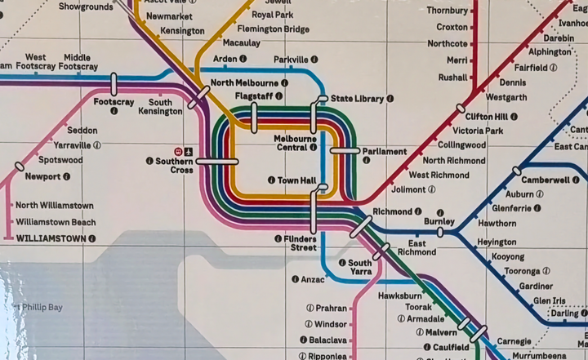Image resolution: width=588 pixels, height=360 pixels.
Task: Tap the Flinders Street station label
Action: [300, 242]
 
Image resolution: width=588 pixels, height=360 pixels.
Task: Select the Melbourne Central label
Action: [296, 143]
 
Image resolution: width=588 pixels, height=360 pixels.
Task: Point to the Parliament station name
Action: [385, 152]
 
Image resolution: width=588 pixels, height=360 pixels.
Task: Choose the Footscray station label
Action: [114, 102]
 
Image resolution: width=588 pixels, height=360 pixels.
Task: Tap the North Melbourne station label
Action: [244, 83]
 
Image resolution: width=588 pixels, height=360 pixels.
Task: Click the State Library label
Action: [357, 99]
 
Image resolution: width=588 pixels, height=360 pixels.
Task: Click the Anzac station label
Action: [313, 279]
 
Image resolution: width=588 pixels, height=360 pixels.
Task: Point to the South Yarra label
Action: [360, 268]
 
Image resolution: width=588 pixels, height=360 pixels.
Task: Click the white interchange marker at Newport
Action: [19, 167]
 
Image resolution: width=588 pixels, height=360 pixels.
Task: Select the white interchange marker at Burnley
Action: [440, 233]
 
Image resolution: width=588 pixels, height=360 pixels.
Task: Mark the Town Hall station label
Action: [296, 180]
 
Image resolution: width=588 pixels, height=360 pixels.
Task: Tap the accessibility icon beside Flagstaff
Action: [278, 96]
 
